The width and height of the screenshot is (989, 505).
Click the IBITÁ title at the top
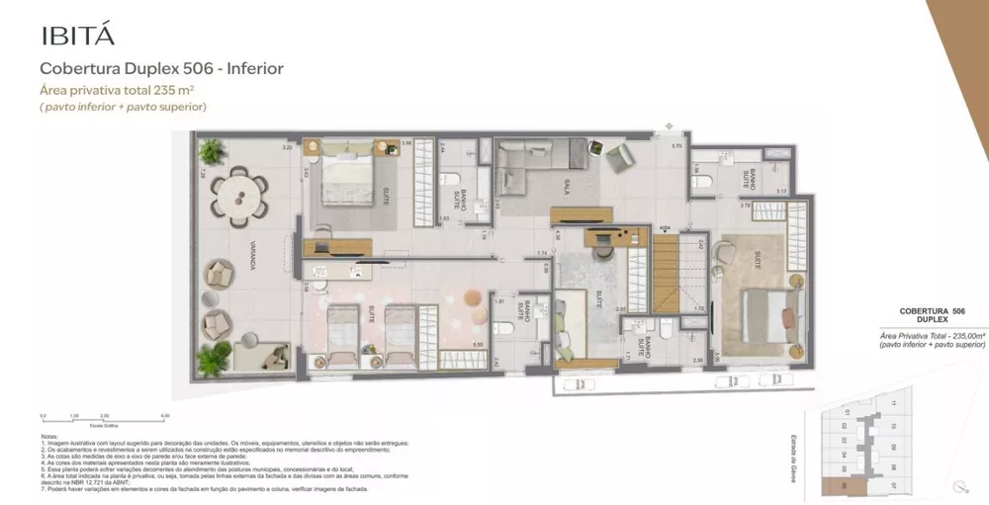pos(78,36)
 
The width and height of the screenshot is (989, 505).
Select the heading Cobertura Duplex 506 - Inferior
pos(161,69)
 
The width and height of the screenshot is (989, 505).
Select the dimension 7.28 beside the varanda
pos(202,173)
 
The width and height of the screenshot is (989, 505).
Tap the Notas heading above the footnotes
pos(50,435)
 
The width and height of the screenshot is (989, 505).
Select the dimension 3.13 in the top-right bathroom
pos(780,192)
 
